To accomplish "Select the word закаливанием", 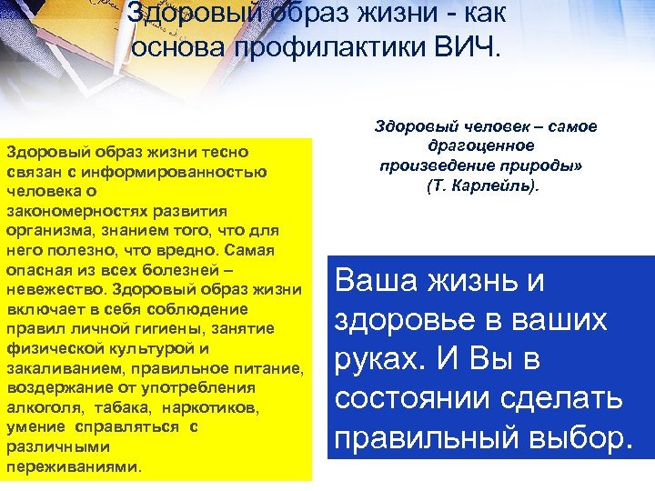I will tap(65, 368).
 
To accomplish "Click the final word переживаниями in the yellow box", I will tap(73, 466).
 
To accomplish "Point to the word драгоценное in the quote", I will tap(481, 145).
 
